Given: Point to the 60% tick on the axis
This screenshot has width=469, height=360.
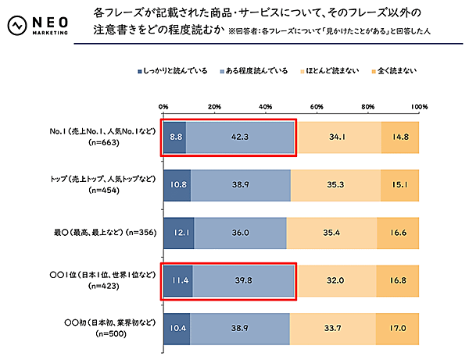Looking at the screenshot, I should [317, 106].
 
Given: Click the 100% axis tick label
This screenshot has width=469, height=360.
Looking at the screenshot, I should [418, 106].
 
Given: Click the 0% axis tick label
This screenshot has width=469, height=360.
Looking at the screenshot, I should [163, 106].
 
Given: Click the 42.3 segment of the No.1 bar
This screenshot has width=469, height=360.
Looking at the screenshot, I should [240, 137].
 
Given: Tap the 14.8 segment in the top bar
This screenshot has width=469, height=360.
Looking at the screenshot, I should [399, 137].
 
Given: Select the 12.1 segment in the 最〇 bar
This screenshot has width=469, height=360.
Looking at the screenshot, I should [179, 232].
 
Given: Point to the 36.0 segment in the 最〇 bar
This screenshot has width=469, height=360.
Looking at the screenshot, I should [240, 232].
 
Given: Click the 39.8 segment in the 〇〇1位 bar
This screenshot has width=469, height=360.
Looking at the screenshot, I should [243, 280].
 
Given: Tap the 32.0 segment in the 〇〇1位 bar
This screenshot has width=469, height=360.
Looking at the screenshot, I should [335, 280].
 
